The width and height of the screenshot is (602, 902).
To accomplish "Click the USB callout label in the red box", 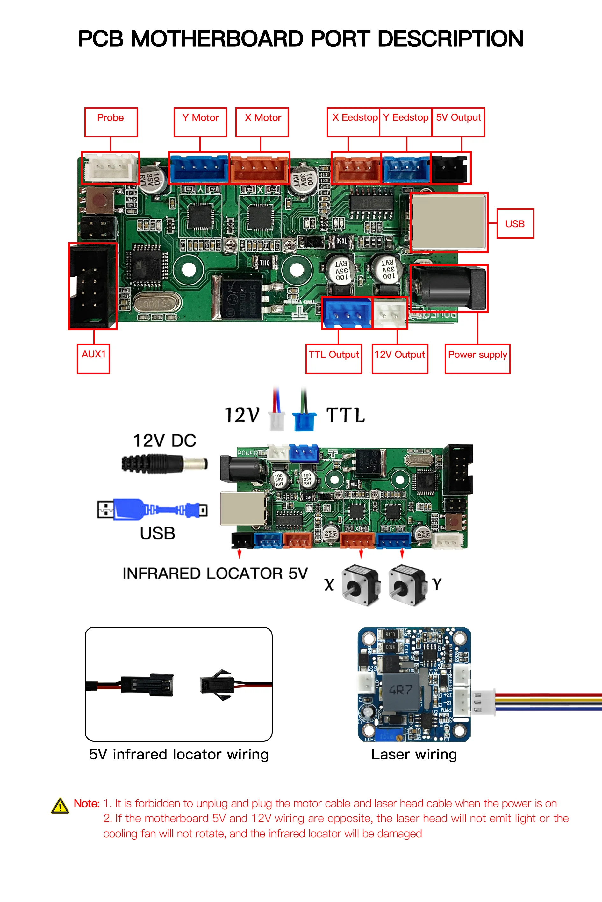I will [x=515, y=224].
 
